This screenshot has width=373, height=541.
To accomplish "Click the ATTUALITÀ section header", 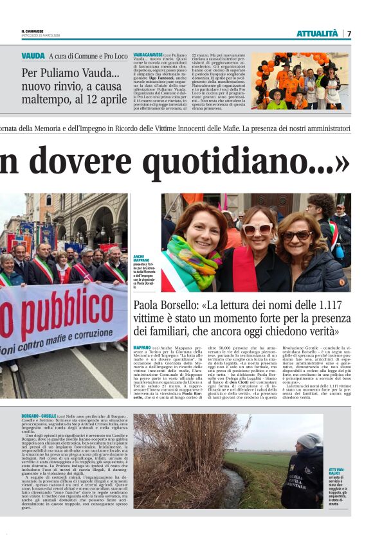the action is click(x=316, y=33).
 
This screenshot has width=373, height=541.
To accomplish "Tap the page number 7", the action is click(x=349, y=33).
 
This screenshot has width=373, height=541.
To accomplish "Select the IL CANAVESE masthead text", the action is click(x=32, y=32).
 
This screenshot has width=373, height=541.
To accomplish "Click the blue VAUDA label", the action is click(x=33, y=56).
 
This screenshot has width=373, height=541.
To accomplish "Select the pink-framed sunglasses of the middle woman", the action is click(x=257, y=229).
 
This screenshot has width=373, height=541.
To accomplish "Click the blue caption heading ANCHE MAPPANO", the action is click(x=143, y=258).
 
